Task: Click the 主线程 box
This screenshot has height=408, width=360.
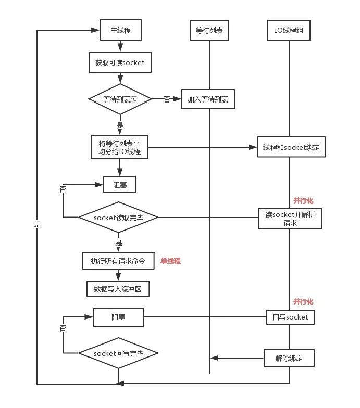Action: [x=121, y=30]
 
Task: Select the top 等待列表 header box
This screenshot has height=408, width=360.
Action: [x=209, y=30]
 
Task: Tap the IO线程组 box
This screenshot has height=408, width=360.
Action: [x=289, y=30]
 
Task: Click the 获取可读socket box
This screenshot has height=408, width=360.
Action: [x=120, y=62]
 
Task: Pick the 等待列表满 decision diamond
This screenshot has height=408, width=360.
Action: [x=120, y=99]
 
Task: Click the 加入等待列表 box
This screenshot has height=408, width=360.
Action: [x=208, y=99]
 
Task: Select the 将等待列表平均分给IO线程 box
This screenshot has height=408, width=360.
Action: [x=120, y=147]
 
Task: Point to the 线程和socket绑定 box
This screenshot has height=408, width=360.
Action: [x=292, y=147]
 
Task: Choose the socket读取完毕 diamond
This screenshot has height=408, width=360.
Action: [x=119, y=218]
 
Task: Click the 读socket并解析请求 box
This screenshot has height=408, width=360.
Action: [x=290, y=219]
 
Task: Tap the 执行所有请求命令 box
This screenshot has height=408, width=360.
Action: [x=118, y=261]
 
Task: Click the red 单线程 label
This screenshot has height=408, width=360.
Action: [x=170, y=261]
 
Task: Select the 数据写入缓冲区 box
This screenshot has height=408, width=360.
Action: [x=118, y=289]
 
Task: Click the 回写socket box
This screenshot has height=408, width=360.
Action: [x=291, y=317]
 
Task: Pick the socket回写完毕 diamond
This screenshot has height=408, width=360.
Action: [x=119, y=353]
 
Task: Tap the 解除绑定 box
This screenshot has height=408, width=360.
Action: [x=289, y=358]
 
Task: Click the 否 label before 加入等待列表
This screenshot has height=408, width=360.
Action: [x=167, y=99]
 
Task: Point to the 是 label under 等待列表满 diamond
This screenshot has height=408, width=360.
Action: [x=120, y=125]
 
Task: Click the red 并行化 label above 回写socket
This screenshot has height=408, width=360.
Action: [x=303, y=302]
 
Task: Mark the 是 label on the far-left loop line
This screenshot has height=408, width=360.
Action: [x=37, y=225]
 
